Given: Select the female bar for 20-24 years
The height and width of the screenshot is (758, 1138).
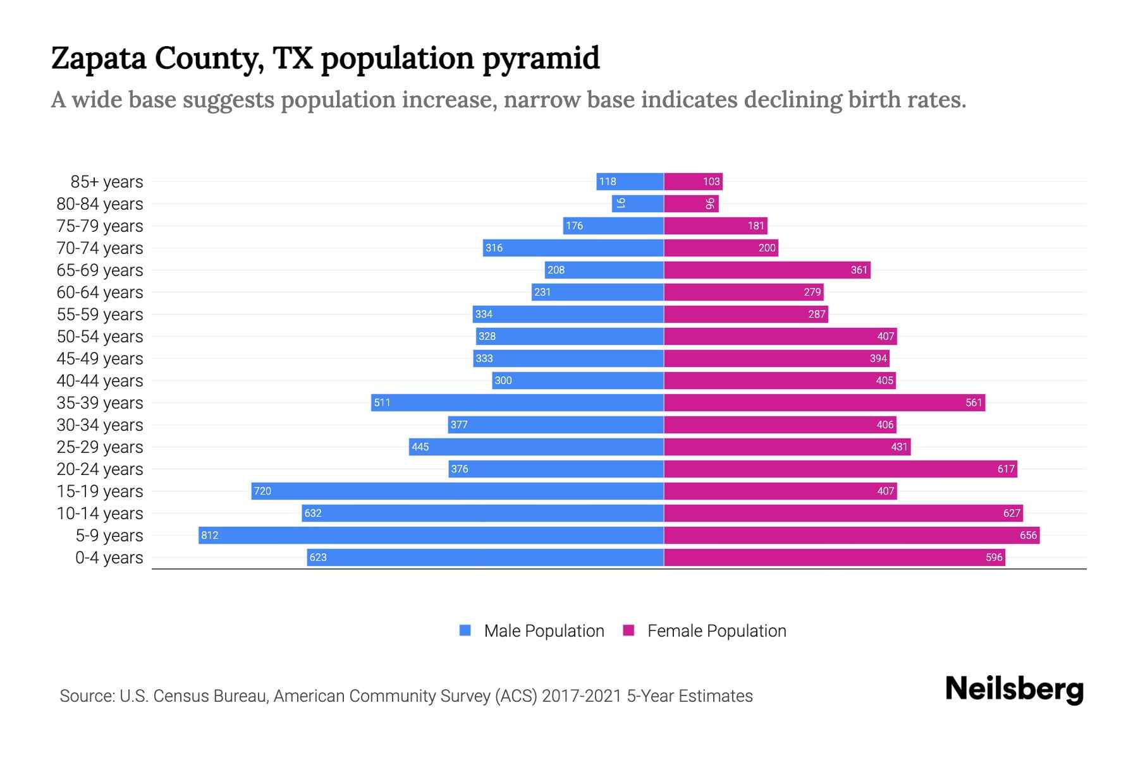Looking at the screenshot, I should [840, 469].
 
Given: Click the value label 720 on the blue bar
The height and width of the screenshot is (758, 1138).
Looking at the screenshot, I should [262, 491].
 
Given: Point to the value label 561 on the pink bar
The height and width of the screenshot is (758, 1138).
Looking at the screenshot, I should [974, 402].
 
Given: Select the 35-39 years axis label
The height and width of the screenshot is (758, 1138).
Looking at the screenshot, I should [100, 402].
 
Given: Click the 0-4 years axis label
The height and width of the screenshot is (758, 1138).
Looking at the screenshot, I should [109, 557].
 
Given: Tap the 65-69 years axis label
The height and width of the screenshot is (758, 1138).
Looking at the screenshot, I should [100, 270].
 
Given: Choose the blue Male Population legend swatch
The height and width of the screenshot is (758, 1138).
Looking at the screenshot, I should [465, 630].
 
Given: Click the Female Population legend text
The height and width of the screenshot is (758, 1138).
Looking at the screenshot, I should [716, 630].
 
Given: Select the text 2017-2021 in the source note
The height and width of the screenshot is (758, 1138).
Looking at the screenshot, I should [581, 695].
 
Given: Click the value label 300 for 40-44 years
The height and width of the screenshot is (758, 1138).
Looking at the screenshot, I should [503, 380].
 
